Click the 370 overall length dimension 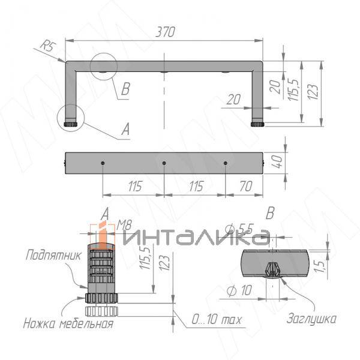(166, 32)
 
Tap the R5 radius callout (48, 46)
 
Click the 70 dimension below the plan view (246, 186)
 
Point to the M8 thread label (124, 225)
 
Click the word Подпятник (53, 255)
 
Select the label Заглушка (311, 319)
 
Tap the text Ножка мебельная (68, 323)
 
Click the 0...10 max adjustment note (217, 319)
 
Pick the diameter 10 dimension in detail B (239, 290)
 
